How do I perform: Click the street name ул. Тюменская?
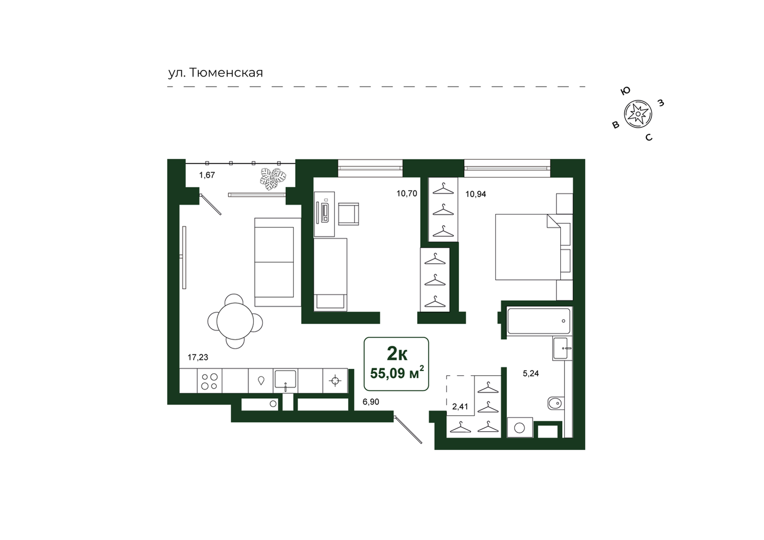coord(215,73)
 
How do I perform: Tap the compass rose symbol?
coord(638,114)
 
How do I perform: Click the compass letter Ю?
coord(625,91)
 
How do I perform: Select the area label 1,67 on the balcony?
coord(207,175)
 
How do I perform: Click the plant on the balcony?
coord(273,179)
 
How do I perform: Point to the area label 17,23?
coord(198,357)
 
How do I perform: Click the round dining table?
coord(235,321)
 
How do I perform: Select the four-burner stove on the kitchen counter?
coord(210,381)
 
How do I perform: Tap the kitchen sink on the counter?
coord(285,381)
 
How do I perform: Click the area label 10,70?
coord(407,194)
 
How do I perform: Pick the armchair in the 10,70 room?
coord(348,214)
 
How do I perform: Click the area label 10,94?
coord(476,194)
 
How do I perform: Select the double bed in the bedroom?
coord(528,247)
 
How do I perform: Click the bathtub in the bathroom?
coord(539,321)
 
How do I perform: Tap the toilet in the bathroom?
coord(556,404)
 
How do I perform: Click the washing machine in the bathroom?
coord(520,427)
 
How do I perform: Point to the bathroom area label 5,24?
coord(531,374)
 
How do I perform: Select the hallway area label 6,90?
coord(371,402)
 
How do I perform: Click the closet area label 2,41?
coord(460,407)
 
